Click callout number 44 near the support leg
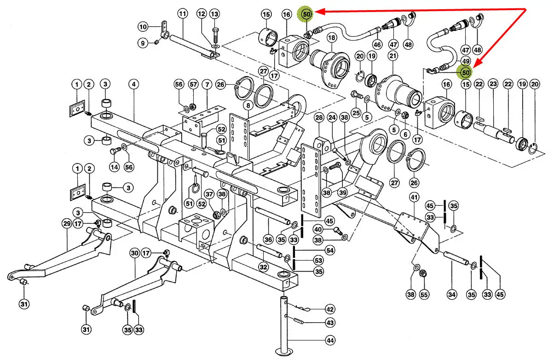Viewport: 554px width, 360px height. point(330,341)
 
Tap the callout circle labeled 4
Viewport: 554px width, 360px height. point(133,84)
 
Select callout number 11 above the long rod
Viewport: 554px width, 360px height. point(183,14)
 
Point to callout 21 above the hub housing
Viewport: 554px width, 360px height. point(393,56)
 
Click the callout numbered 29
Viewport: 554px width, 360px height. point(67,224)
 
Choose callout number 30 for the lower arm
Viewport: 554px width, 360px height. point(135,253)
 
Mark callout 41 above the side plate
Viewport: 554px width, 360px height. point(414,197)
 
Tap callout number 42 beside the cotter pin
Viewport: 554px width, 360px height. point(330,309)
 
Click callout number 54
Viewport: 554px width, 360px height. point(330,250)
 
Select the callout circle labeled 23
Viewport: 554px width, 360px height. point(493,84)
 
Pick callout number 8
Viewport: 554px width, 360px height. point(248,105)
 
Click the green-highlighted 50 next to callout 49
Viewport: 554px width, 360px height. point(466,73)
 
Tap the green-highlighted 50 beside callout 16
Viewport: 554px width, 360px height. point(306,14)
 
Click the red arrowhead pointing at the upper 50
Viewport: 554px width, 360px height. point(320,12)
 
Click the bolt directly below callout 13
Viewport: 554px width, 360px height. point(215,35)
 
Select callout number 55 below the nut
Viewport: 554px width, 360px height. point(424,295)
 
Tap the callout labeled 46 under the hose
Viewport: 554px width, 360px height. point(377,45)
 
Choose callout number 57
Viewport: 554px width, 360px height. point(193,84)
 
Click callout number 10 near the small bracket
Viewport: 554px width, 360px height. point(143,27)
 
